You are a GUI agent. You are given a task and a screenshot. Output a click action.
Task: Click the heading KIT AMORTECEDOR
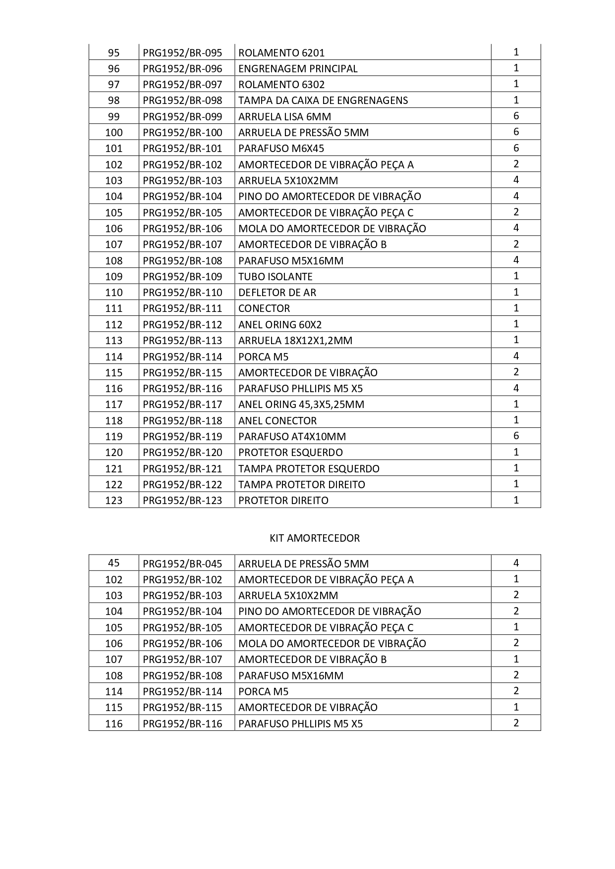coord(314,538)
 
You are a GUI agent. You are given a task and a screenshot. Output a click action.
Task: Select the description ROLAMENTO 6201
coord(281,53)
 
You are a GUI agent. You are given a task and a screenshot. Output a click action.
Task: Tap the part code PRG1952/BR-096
coord(182,69)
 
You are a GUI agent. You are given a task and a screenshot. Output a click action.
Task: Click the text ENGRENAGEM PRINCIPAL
coord(298,69)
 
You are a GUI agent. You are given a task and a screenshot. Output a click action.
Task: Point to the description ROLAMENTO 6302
coord(281,85)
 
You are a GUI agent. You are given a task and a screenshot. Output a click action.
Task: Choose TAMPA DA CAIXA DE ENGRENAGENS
coord(323,101)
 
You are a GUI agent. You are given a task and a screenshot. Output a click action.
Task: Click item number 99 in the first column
coord(113,117)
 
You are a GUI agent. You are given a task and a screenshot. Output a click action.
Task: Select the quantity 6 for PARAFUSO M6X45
coord(516,148)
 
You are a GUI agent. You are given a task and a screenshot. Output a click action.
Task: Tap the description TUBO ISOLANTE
coord(276,277)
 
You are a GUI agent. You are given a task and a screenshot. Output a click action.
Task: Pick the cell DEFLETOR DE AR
coord(277,293)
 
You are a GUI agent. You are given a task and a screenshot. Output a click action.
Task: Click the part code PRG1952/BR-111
coord(182,308)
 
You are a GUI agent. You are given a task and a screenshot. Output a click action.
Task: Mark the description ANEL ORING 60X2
coord(280,325)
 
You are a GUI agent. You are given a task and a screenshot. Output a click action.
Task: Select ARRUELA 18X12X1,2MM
coord(295,341)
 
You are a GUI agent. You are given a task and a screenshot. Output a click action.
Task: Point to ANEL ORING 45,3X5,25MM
coord(301,405)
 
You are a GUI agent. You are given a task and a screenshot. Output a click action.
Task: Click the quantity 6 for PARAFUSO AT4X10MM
coord(516,436)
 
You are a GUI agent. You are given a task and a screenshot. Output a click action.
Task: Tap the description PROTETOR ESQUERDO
coord(290,453)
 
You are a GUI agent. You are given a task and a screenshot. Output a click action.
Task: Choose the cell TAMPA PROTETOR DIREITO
coord(302,484)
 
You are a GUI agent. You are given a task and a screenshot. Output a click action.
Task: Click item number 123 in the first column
coord(113,501)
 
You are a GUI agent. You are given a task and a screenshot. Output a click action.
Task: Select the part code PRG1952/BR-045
coord(182,564)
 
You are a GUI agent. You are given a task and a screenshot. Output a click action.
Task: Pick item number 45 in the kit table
coord(113,563)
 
